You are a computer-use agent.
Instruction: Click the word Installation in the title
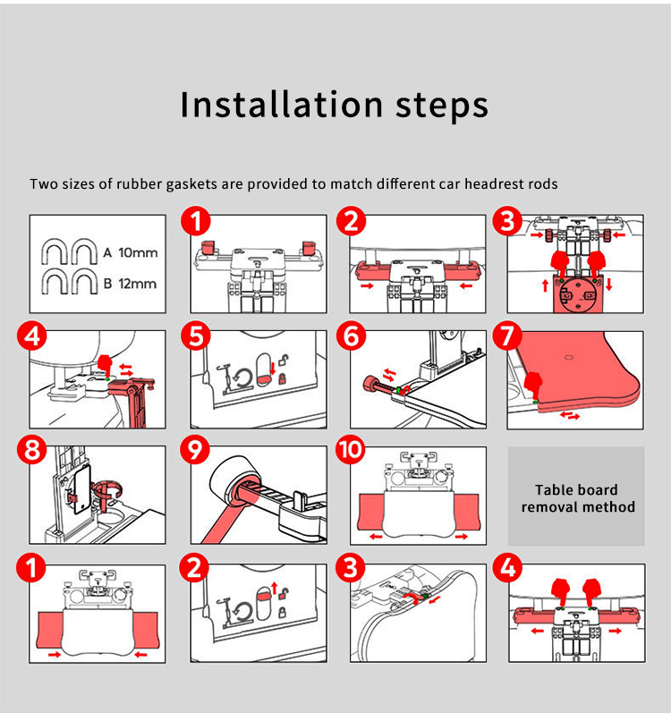(x=282, y=104)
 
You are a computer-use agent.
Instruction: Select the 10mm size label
(x=138, y=252)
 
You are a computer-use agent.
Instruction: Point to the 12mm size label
(x=137, y=284)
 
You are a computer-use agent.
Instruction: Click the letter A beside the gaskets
(x=107, y=252)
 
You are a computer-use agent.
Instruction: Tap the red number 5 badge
(x=195, y=336)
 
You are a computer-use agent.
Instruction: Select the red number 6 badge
(x=351, y=336)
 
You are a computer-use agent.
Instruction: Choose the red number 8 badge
(x=32, y=450)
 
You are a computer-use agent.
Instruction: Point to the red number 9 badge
(x=195, y=450)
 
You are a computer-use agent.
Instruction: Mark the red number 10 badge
(x=351, y=449)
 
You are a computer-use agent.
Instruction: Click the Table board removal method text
(x=577, y=498)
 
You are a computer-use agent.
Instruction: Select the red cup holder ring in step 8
(x=107, y=490)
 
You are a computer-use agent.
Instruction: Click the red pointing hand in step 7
(x=533, y=386)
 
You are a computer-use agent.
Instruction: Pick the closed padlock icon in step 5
(x=283, y=378)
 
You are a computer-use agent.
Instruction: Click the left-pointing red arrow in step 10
(x=376, y=537)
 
